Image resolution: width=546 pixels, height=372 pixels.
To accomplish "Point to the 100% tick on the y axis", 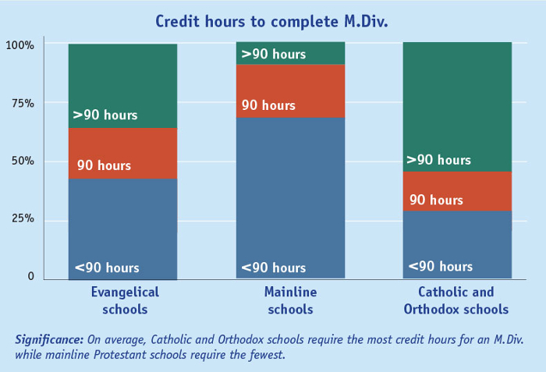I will (20, 45).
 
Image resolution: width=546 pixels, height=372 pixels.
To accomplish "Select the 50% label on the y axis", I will (23, 161).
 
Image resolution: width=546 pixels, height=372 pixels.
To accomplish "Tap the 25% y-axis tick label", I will (23, 219).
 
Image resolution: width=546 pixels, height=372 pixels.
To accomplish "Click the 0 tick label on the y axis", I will (31, 276).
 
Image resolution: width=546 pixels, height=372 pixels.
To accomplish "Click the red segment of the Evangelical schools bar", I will (122, 153).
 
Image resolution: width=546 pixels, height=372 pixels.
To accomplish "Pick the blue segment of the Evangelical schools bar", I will (122, 226).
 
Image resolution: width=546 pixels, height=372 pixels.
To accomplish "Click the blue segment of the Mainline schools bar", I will (290, 195).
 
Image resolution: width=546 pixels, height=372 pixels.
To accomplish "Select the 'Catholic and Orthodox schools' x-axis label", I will (456, 300).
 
